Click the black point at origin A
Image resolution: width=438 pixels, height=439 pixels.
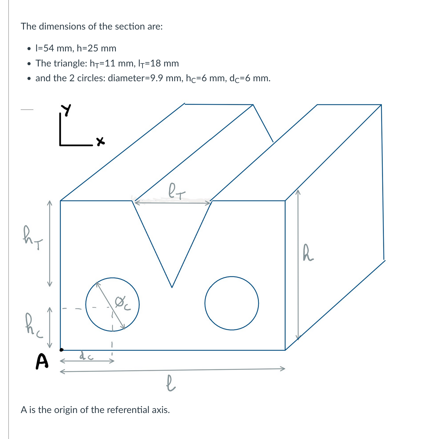coord(61,350)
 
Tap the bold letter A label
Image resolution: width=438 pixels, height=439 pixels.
coord(42,362)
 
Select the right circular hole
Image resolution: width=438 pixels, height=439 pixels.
coord(232,303)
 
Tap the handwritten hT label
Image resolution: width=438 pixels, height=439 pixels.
coord(32,238)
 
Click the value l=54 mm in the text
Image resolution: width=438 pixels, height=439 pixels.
coord(54,48)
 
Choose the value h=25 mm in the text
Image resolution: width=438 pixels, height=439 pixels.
coord(96,48)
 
